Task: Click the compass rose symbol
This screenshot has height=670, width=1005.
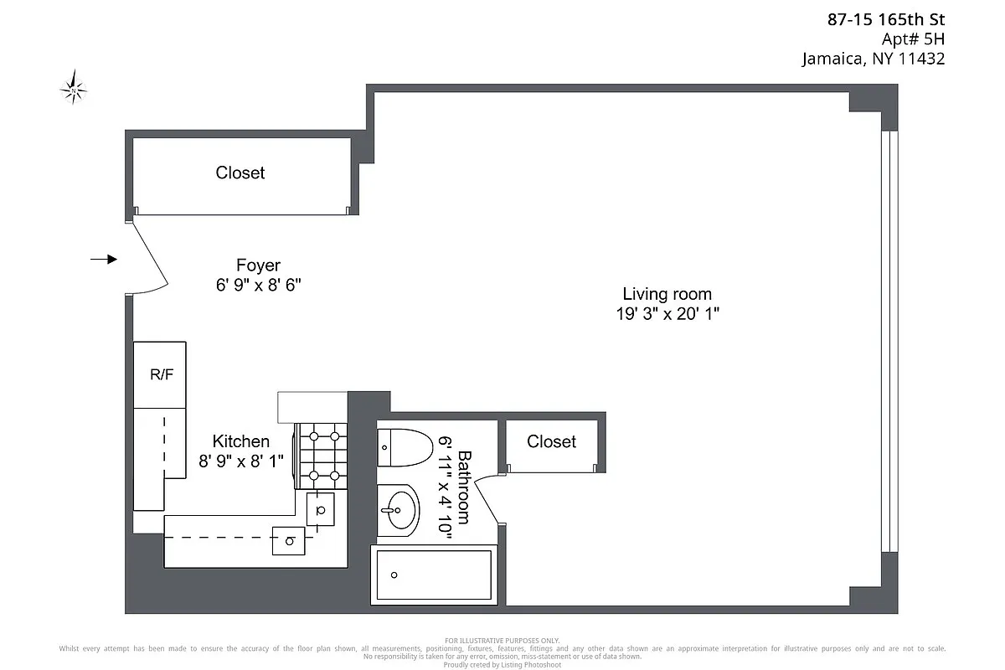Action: pos(75,88)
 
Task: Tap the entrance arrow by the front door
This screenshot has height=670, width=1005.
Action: pos(104,260)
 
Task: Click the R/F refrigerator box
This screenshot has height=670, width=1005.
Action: pos(161,374)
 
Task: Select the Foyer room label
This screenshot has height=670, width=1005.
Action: pos(258,265)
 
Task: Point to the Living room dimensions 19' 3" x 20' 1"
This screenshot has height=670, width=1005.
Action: pos(667,314)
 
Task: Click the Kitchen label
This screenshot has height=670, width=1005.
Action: pos(241,441)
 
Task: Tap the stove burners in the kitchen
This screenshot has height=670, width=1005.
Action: pos(322,456)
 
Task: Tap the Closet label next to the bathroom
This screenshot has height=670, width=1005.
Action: pos(551,441)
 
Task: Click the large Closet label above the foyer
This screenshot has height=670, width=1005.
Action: pos(240,173)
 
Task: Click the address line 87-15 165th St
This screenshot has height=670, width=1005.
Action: pos(885,19)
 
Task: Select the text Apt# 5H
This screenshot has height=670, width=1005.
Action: pos(913,39)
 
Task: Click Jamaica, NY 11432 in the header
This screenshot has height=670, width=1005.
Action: pos(874,59)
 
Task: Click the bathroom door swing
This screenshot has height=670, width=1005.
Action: pos(490,498)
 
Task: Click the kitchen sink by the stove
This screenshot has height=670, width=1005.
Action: pos(321,508)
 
